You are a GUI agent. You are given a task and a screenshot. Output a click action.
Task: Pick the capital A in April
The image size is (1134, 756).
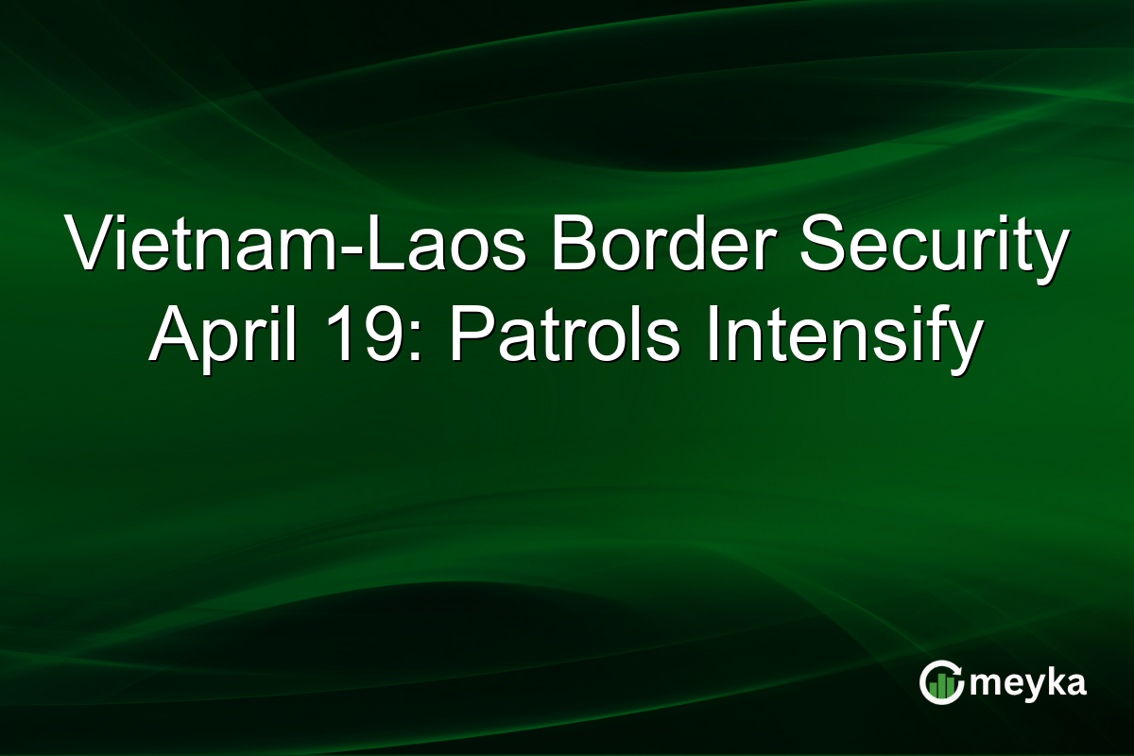(174, 335)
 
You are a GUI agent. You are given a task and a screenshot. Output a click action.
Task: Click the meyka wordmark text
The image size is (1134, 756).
(1030, 683)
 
